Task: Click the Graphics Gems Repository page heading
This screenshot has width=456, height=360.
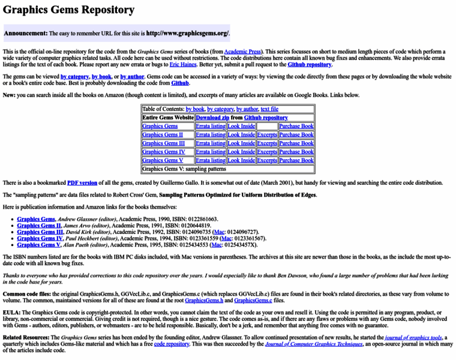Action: pos(68,10)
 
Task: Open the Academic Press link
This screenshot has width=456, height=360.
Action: pos(243,52)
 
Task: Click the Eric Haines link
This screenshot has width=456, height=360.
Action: pos(183,64)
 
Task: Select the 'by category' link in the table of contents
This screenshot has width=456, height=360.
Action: pos(220,109)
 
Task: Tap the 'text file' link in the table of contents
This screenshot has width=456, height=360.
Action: pos(269,109)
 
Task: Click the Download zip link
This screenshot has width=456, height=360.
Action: pos(212,118)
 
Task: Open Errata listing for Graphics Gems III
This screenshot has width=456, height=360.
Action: pos(210,143)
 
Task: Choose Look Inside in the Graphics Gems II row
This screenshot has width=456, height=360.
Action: pos(241,135)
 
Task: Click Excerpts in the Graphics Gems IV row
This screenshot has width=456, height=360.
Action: pos(267,152)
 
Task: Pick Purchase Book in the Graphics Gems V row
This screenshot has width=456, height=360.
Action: pos(296,160)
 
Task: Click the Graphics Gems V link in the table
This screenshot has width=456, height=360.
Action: pos(163,160)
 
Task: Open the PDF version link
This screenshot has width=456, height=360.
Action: pos(82,182)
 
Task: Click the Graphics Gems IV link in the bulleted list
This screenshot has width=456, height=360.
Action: pos(40,238)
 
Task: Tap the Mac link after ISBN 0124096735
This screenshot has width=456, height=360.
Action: pos(219,232)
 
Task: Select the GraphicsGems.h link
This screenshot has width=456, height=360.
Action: pos(204,300)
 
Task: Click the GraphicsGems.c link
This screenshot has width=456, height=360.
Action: pos(253,300)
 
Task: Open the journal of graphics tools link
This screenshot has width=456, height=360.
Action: pos(413,338)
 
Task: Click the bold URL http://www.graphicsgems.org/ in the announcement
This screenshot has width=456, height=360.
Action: pos(187,34)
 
